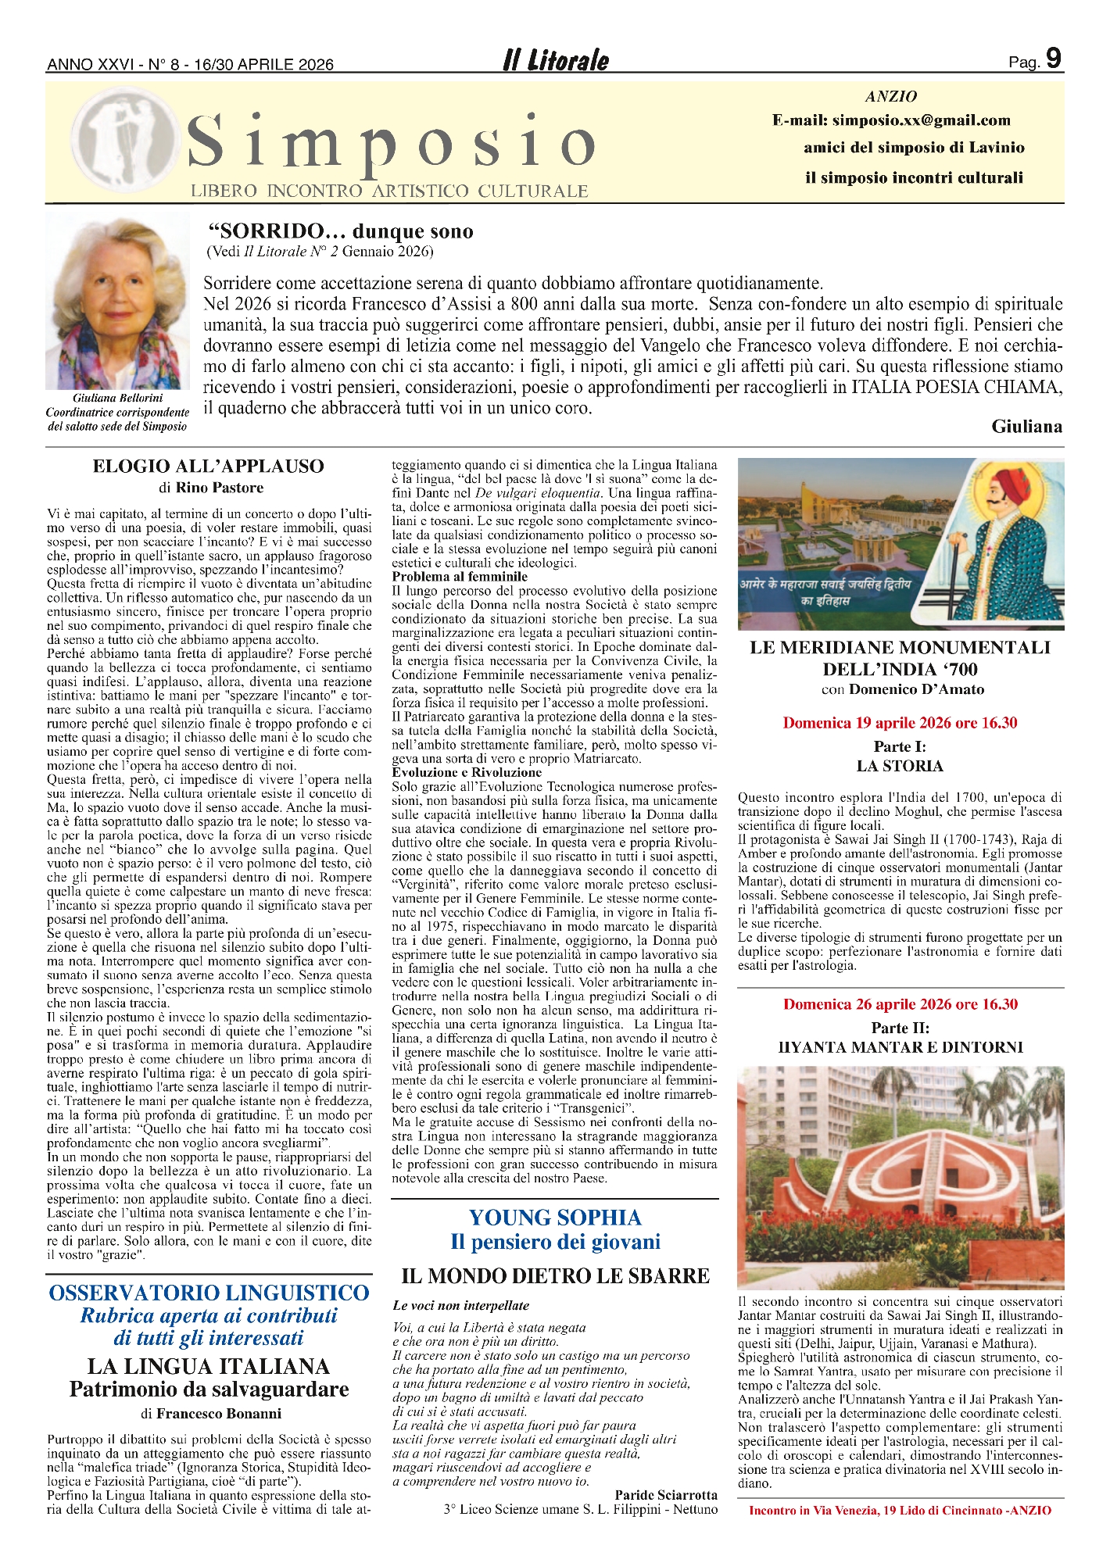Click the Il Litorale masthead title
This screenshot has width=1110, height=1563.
(x=555, y=61)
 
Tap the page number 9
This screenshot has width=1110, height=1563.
(x=1053, y=59)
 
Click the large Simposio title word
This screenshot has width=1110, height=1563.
(x=391, y=144)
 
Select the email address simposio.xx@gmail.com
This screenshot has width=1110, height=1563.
(x=921, y=120)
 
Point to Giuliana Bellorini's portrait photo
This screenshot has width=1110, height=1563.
(x=117, y=302)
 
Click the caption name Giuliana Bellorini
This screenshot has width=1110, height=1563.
(x=118, y=399)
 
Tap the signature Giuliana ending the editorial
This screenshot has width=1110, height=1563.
(x=1026, y=427)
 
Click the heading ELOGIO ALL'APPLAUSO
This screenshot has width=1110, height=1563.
(x=208, y=467)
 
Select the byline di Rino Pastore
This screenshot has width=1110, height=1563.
(x=210, y=488)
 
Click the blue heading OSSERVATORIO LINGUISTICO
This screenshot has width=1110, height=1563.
(x=209, y=1293)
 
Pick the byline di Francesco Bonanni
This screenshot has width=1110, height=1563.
(x=211, y=1413)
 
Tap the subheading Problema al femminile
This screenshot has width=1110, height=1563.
(x=449, y=577)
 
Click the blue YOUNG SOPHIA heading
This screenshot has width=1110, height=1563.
(x=555, y=1218)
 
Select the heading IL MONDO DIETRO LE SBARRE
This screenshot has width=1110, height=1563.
(x=555, y=1276)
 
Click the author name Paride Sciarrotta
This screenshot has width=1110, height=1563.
(x=665, y=1495)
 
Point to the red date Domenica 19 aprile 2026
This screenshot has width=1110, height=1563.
(x=900, y=723)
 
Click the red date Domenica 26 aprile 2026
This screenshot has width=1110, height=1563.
(x=900, y=1004)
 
